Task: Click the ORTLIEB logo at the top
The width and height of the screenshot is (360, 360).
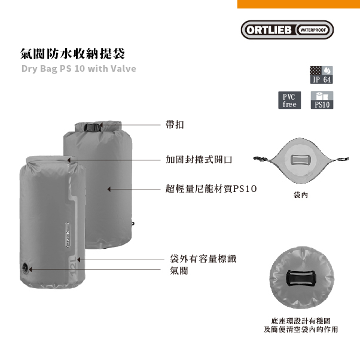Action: (287, 30)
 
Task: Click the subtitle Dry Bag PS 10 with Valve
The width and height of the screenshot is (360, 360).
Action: (78, 68)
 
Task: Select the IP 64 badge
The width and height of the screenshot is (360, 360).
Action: (322, 74)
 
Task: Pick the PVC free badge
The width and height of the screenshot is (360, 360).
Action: (289, 100)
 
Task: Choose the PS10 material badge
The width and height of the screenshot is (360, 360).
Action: (322, 100)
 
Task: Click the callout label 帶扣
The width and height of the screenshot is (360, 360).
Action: (175, 125)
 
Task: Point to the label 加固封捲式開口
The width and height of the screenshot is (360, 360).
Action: (199, 160)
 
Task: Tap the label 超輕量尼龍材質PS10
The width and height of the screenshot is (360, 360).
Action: (211, 188)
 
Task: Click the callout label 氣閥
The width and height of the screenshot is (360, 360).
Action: (179, 270)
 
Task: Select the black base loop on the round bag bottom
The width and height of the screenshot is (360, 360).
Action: (300, 279)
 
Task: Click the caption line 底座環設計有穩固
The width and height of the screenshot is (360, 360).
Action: (301, 321)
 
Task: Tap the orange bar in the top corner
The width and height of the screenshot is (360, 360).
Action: (298, 4)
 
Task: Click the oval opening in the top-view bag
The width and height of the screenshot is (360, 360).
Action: (298, 160)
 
